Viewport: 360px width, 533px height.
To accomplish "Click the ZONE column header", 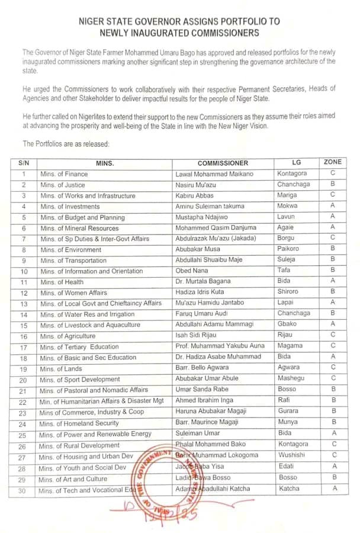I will pyautogui.click(x=333, y=162).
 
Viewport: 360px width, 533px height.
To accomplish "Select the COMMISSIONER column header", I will pyautogui.click(x=223, y=163).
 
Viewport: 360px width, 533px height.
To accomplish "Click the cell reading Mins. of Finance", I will pyautogui.click(x=65, y=174).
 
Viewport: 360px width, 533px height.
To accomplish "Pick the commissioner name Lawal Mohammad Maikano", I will pyautogui.click(x=214, y=174).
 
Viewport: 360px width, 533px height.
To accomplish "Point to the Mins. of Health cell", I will pyautogui.click(x=62, y=282).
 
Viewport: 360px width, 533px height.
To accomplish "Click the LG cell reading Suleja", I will pyautogui.click(x=287, y=260).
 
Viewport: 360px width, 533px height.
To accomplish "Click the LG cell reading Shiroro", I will pyautogui.click(x=289, y=293).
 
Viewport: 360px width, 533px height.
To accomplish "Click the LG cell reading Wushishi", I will pyautogui.click(x=291, y=455).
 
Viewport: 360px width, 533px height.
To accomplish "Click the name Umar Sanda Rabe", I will pyautogui.click(x=201, y=390).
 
